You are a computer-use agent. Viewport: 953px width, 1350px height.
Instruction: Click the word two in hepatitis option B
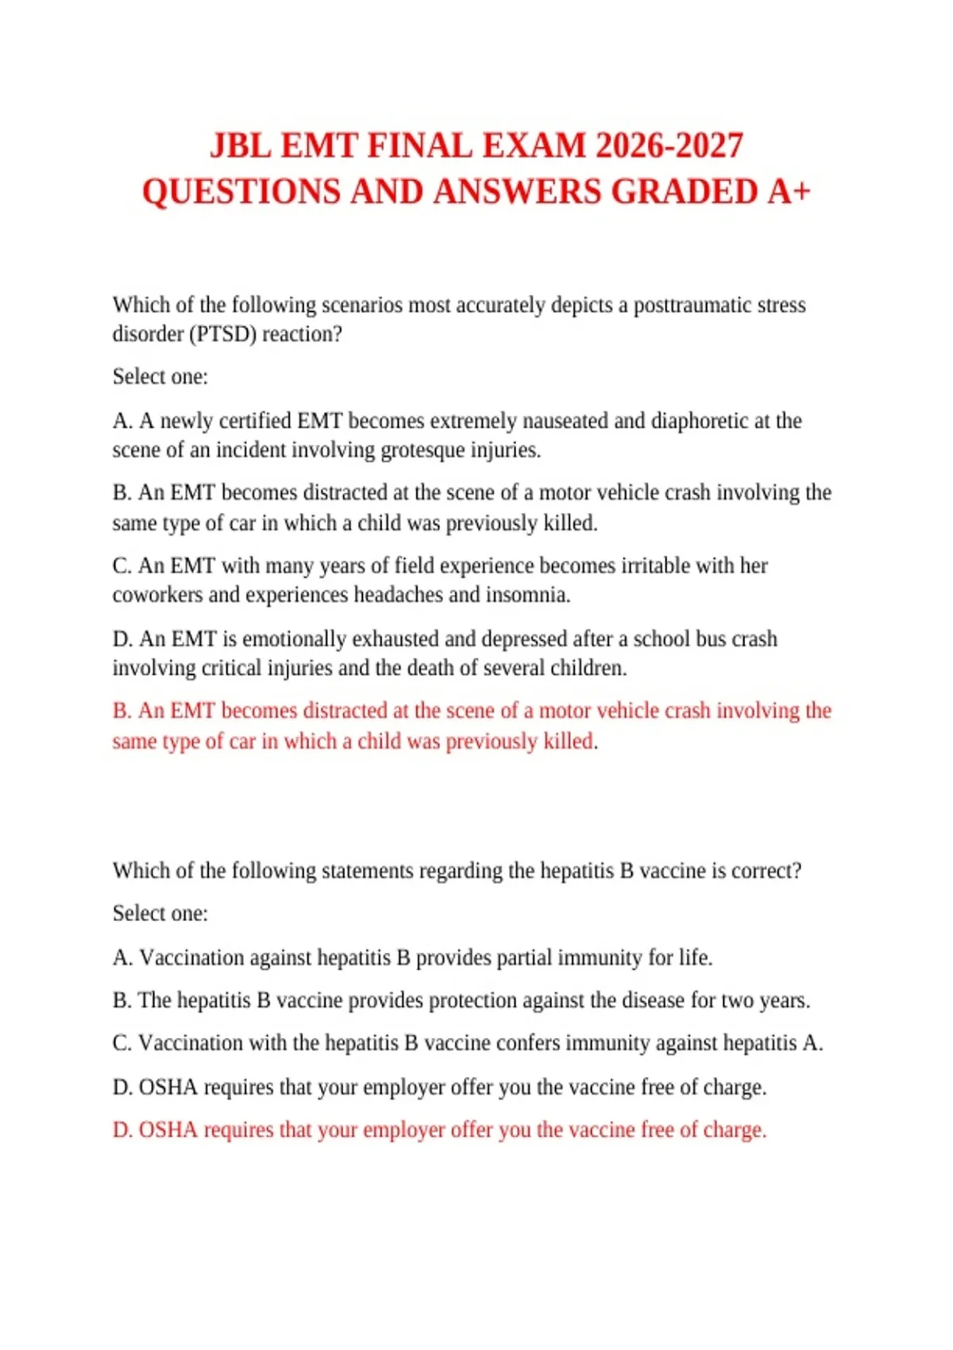(737, 1001)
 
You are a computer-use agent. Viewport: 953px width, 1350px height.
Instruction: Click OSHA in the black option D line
(168, 1087)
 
